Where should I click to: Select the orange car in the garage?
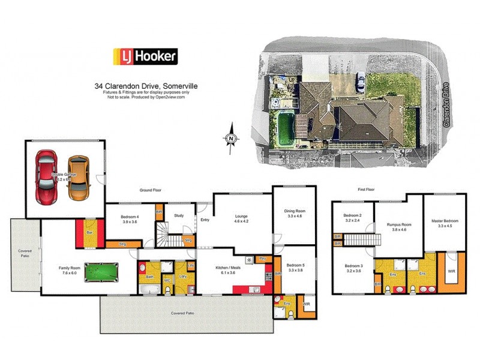coord(77,178)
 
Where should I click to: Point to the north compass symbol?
coord(231,139)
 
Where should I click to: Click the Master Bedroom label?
coord(445,223)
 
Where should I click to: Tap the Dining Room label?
coord(295,213)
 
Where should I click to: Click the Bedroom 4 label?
coord(130,219)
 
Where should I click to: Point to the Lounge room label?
coord(241,218)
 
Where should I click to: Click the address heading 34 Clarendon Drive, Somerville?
coord(146,86)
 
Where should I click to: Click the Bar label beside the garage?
coord(89,232)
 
